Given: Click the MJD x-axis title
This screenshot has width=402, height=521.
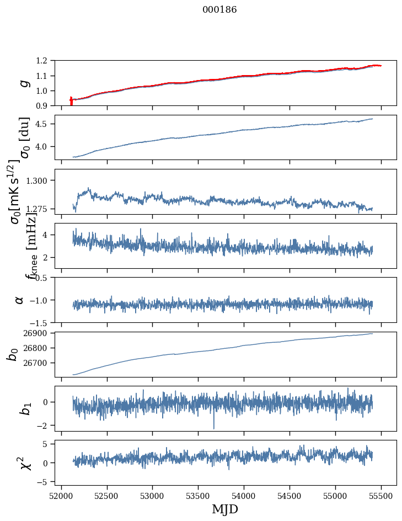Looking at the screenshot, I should [225, 509].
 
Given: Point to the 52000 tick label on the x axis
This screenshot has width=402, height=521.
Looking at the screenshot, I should [61, 495].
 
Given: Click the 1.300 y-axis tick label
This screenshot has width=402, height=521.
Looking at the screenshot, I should [40, 180].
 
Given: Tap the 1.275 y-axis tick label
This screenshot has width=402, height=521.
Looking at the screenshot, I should [40, 209].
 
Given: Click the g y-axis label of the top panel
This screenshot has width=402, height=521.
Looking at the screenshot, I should [23, 83].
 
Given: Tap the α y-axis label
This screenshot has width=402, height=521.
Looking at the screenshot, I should [20, 300].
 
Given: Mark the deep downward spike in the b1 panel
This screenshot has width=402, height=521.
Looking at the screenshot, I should [214, 426].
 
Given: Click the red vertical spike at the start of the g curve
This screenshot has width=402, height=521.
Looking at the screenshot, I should [71, 102].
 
